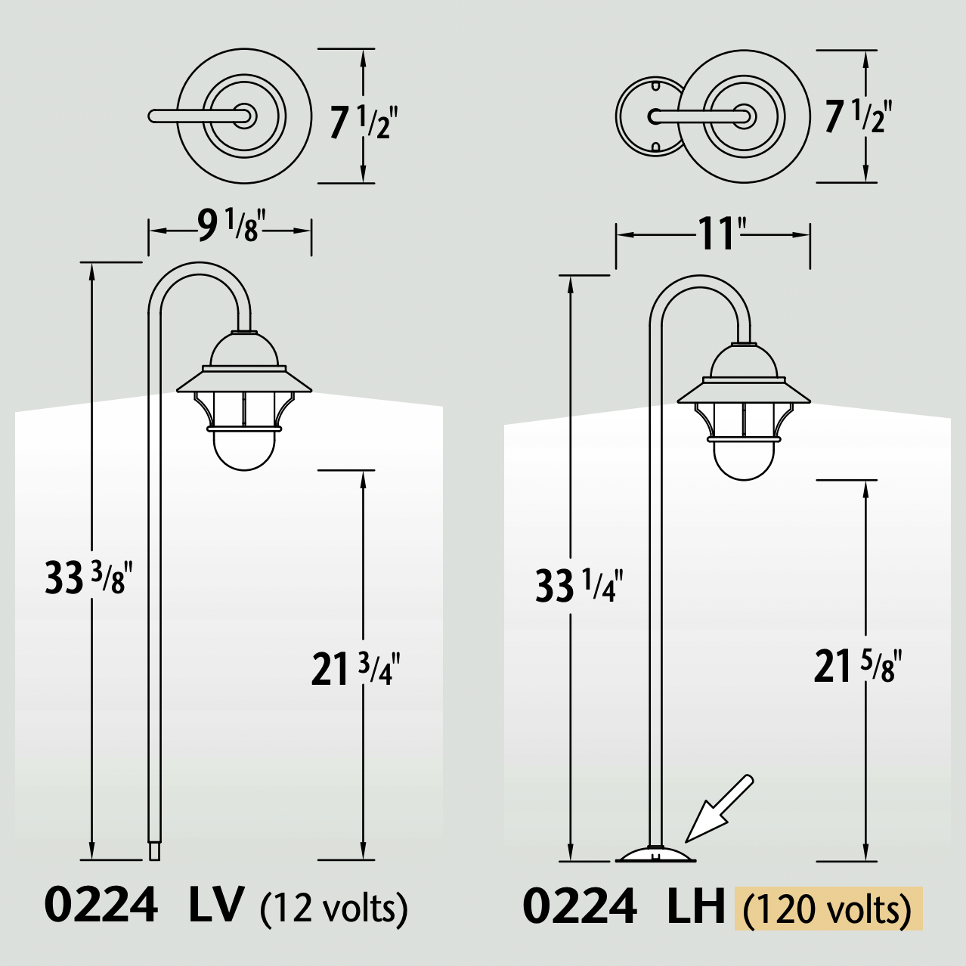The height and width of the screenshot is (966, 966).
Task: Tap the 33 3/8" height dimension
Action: pyautogui.click(x=88, y=577)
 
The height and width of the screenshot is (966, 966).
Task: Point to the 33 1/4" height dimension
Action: pyautogui.click(x=578, y=585)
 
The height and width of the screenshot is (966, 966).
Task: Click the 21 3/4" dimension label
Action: pyautogui.click(x=355, y=668)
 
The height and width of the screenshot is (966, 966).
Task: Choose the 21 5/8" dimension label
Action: pyautogui.click(x=857, y=666)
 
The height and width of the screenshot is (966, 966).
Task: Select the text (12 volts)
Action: pyautogui.click(x=333, y=907)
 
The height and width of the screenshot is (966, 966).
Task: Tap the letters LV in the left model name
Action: pyautogui.click(x=216, y=905)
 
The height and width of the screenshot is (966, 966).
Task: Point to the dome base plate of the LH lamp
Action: pyautogui.click(x=655, y=854)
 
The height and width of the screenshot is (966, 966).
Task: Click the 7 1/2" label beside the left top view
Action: pyautogui.click(x=363, y=122)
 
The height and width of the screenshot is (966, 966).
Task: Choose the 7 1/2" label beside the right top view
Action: pyautogui.click(x=858, y=117)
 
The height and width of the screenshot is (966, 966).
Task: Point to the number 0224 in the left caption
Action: pyautogui.click(x=101, y=905)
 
